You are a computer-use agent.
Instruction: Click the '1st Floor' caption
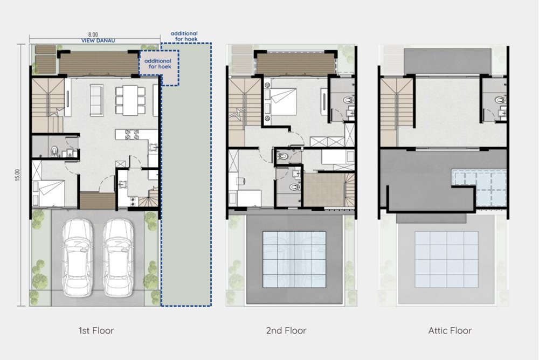click(x=96, y=331)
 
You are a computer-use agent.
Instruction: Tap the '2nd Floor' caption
click(x=286, y=331)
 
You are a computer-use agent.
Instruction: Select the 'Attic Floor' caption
click(x=450, y=331)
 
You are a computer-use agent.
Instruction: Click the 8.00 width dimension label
click(x=93, y=34)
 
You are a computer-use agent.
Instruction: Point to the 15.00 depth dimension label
click(x=18, y=175)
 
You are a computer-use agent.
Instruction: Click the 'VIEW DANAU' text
click(x=98, y=40)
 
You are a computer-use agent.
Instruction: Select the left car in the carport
click(x=78, y=258)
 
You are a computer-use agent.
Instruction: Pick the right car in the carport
click(x=118, y=258)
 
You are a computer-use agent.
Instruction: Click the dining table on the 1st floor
click(x=130, y=100)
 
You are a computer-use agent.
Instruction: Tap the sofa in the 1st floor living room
click(x=96, y=100)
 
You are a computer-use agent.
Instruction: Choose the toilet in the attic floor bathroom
click(x=500, y=100)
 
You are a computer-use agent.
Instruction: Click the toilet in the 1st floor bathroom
click(x=54, y=151)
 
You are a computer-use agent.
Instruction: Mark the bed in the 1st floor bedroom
click(x=49, y=193)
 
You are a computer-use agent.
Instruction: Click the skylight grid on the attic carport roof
click(x=446, y=259)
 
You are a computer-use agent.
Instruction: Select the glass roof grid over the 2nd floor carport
click(x=294, y=259)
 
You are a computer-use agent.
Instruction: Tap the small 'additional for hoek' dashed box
click(x=159, y=68)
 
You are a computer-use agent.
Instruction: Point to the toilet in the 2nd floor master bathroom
click(x=348, y=100)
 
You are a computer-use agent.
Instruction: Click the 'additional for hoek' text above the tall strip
click(x=184, y=36)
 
